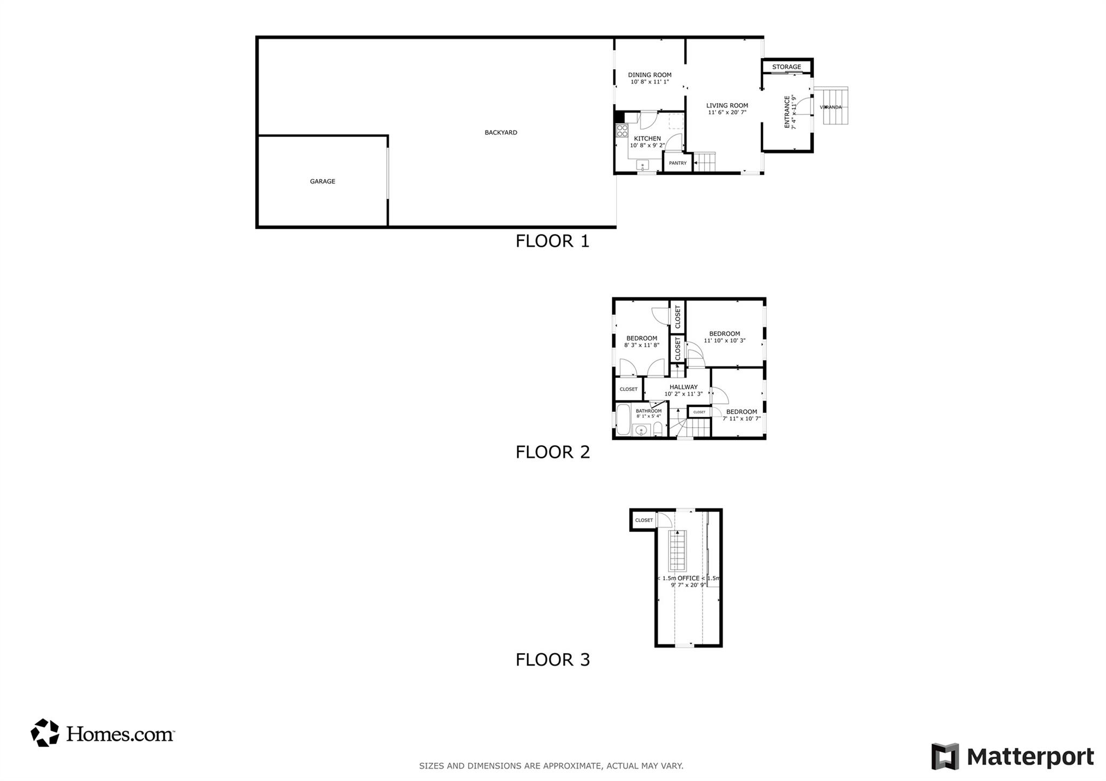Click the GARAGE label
click(322, 181)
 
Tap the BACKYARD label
click(501, 132)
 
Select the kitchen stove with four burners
click(622, 130)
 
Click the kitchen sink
click(643, 165)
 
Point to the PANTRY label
click(678, 163)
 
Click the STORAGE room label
click(786, 67)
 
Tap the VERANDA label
click(831, 107)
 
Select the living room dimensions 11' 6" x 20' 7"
click(727, 112)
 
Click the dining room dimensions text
click(650, 82)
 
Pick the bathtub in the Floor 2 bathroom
click(623, 419)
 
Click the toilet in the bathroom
click(657, 430)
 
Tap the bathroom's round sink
click(641, 430)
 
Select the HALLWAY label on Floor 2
click(683, 387)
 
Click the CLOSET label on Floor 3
click(644, 520)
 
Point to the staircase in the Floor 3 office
click(678, 551)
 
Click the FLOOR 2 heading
click(552, 452)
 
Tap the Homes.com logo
click(103, 733)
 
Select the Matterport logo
click(1013, 757)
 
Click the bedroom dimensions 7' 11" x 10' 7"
click(741, 418)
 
